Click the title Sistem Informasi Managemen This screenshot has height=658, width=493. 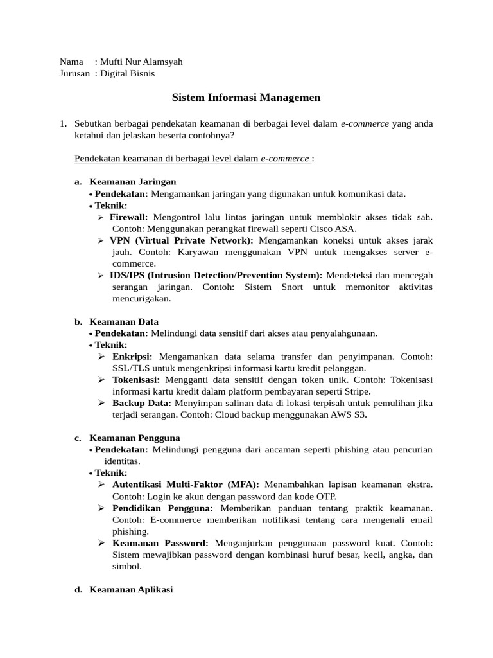coord(246,98)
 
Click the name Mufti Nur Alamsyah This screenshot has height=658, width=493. coord(141,62)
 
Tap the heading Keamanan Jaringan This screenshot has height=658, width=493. coord(132,182)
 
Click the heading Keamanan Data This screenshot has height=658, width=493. coord(124,321)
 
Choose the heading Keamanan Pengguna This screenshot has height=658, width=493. coord(134,438)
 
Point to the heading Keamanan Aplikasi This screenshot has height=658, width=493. coord(131,589)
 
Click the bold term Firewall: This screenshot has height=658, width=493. coord(128,217)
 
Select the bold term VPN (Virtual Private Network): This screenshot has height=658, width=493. coord(182,240)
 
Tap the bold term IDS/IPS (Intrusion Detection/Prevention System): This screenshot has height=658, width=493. coord(216,275)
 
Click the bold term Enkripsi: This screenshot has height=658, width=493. coord(132,356)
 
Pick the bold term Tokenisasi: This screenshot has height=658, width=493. coord(136,379)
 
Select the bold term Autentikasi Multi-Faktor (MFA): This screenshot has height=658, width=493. coord(186,484)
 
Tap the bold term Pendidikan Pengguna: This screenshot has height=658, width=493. coord(162,508)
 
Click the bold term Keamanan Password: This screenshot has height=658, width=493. coord(160,543)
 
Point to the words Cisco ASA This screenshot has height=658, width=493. coord(335,229)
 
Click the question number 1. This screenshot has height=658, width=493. coord(62,123)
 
